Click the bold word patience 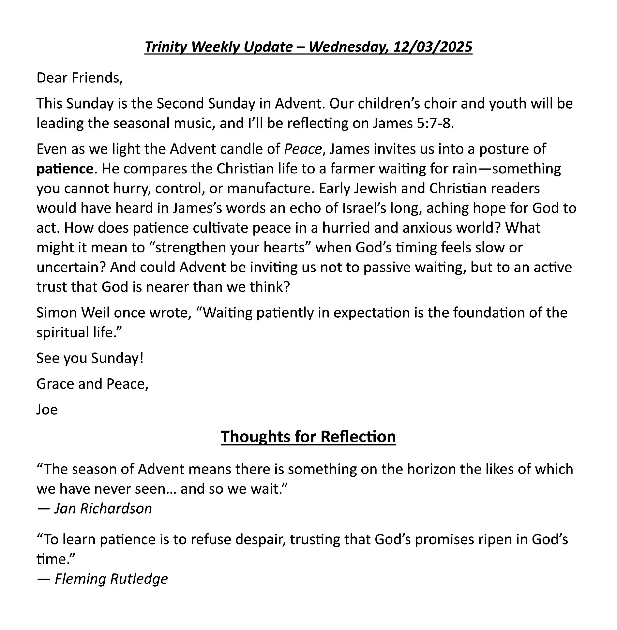point(65,169)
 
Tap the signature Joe point(47,409)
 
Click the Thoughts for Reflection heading point(308,436)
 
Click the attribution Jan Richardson point(103,508)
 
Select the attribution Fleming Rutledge point(111,579)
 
